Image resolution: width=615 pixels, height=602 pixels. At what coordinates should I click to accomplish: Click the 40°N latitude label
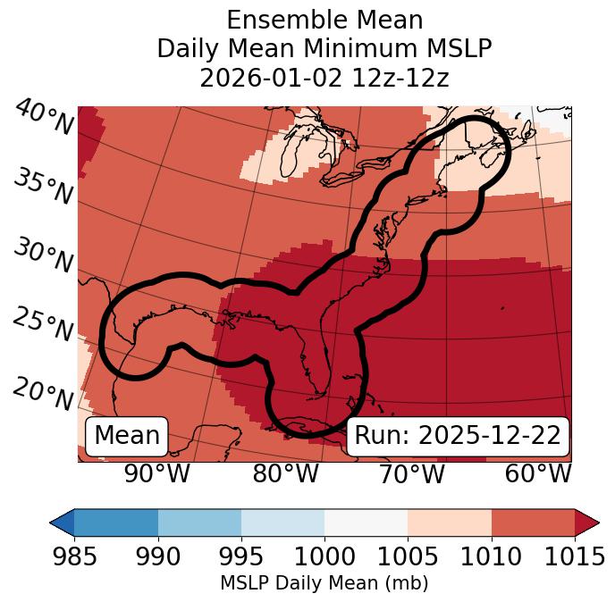(44, 118)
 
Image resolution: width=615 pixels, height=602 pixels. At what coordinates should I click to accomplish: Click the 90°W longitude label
(156, 474)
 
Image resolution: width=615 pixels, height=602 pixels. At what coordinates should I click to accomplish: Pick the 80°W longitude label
(285, 474)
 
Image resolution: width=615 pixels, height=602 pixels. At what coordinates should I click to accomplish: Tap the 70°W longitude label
(412, 474)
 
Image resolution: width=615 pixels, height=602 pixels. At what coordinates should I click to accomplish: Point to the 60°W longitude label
(537, 474)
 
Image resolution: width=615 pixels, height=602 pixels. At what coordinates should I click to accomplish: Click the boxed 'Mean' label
(127, 436)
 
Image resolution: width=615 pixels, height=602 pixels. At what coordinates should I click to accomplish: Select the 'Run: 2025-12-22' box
(458, 436)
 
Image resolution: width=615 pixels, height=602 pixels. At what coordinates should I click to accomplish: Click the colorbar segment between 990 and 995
(199, 522)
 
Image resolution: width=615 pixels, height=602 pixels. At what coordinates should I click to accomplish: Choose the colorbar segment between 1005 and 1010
(449, 522)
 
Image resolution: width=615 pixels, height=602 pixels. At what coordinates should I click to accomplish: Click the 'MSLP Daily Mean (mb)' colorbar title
(324, 584)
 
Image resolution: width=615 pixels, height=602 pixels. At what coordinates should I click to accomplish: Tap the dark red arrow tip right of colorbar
(587, 522)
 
